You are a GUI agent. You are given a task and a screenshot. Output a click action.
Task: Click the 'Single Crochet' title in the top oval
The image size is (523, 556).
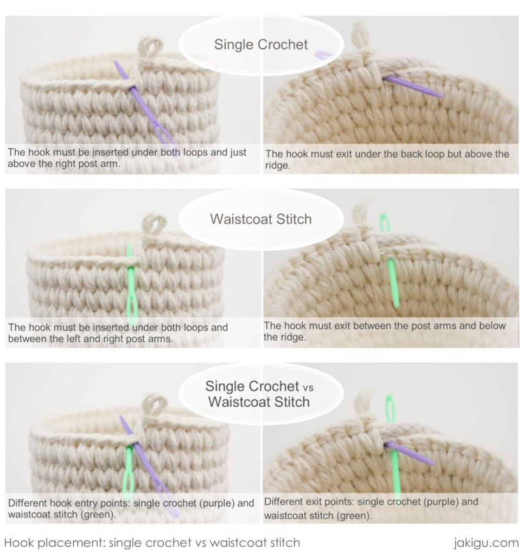click(x=261, y=44)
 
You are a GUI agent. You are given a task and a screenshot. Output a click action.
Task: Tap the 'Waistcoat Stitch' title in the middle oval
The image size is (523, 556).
click(x=261, y=219)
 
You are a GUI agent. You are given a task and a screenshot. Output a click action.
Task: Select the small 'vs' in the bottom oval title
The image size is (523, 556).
click(x=308, y=388)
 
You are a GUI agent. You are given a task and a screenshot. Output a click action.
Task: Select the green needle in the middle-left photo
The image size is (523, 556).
click(x=131, y=288)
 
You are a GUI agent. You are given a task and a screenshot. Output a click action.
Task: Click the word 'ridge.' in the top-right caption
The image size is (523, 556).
click(x=278, y=166)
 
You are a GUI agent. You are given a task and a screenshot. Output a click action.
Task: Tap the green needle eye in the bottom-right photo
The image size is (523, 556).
click(x=389, y=410)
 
